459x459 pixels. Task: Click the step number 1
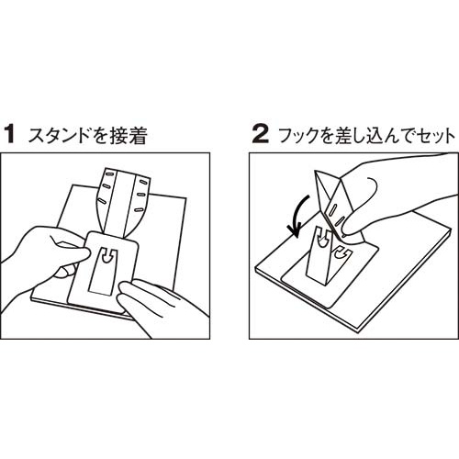(11, 135)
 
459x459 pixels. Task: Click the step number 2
(261, 135)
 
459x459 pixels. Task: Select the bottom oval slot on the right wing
(139, 209)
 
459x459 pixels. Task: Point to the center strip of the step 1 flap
(121, 200)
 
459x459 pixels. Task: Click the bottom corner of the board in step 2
(359, 333)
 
